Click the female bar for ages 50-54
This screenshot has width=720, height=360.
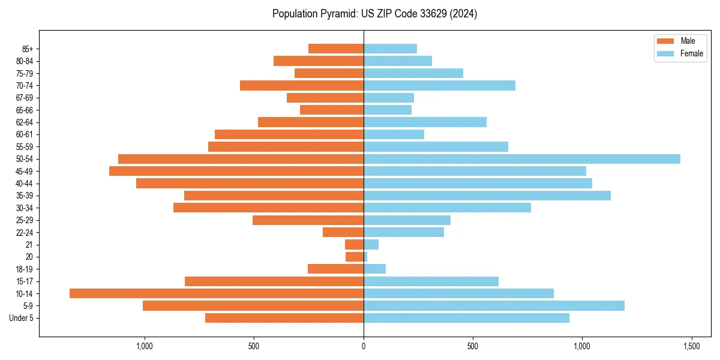522,159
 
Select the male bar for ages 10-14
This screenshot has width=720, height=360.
217,293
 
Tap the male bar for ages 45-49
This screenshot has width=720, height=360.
236,171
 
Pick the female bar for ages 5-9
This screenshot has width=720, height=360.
494,305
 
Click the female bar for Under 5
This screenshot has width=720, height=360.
466,318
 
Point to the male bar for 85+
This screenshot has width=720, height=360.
336,49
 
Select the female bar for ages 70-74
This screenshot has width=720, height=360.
439,85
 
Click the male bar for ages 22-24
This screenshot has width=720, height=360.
343,232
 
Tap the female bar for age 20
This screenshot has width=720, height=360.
365,257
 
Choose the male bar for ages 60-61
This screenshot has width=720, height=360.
289,134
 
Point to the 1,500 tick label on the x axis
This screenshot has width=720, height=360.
691,347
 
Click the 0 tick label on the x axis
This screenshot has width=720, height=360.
364,347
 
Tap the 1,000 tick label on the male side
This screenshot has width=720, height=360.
145,347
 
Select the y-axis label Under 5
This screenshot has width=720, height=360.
21,318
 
